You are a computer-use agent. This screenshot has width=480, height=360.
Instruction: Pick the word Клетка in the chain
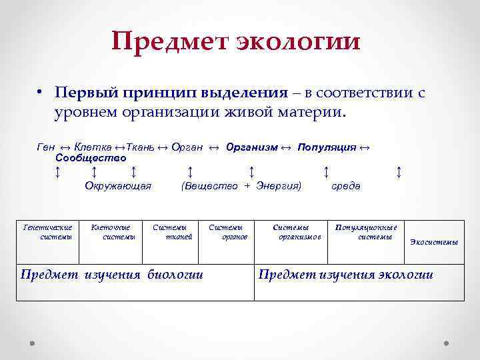[93, 147]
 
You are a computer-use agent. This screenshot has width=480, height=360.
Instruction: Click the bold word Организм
[251, 147]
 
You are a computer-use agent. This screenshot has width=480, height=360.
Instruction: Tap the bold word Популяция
[327, 147]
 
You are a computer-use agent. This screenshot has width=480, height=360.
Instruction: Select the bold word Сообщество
[91, 158]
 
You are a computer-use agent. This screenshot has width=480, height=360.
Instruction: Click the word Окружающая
[118, 186]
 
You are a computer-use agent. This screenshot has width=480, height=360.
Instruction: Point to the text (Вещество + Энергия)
[241, 186]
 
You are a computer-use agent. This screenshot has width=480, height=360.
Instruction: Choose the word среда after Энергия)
[346, 186]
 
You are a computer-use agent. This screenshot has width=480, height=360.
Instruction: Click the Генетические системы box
[47, 231]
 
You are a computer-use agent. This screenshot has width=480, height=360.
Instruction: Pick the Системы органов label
[227, 231]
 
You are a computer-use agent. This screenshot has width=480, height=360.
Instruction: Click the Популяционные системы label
[365, 231]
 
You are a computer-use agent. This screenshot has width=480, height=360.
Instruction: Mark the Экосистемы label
[433, 242]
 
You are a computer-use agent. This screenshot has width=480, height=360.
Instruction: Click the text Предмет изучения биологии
[112, 274]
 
